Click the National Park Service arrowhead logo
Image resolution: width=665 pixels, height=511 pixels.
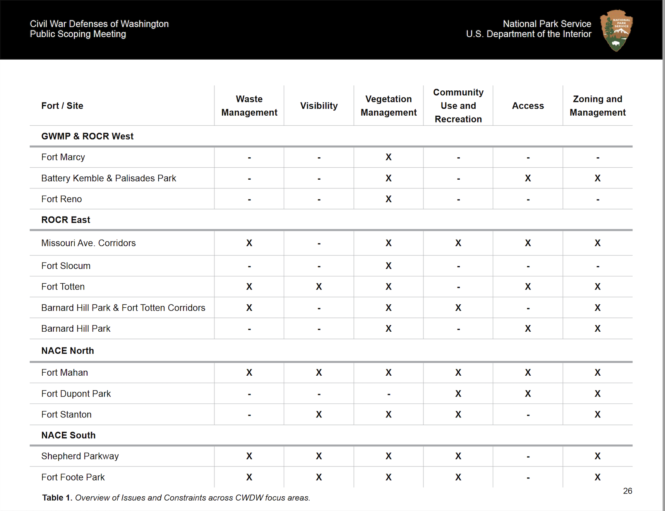pyautogui.click(x=616, y=30)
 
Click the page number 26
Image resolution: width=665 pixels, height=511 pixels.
pyautogui.click(x=627, y=491)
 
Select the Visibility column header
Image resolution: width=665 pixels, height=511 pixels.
pyautogui.click(x=319, y=106)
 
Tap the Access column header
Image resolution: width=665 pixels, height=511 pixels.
pyautogui.click(x=528, y=106)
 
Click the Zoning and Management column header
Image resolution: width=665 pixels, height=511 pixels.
pyautogui.click(x=597, y=106)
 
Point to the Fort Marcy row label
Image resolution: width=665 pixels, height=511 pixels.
pyautogui.click(x=63, y=157)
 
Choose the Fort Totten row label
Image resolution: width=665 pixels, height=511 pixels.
pyautogui.click(x=63, y=287)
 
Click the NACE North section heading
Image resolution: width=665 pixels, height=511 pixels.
pyautogui.click(x=68, y=351)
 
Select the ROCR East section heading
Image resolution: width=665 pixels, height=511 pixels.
pyautogui.click(x=66, y=220)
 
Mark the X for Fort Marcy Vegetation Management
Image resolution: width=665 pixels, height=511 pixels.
pyautogui.click(x=388, y=157)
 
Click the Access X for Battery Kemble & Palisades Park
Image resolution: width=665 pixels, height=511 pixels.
pyautogui.click(x=528, y=178)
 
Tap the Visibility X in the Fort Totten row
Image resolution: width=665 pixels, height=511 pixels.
pyautogui.click(x=319, y=287)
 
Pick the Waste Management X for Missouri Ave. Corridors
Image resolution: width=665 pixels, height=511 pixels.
pyautogui.click(x=249, y=243)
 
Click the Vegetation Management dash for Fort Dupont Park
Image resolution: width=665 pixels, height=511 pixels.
pyautogui.click(x=388, y=394)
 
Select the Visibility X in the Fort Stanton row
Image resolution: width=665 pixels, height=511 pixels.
pyautogui.click(x=319, y=414)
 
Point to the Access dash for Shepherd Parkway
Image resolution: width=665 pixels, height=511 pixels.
pyautogui.click(x=528, y=457)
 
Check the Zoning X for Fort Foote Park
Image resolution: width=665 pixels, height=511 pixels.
pyautogui.click(x=597, y=477)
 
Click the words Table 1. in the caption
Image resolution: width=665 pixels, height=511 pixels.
pyautogui.click(x=57, y=498)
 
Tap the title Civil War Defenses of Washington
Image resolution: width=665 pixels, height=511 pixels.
pyautogui.click(x=99, y=24)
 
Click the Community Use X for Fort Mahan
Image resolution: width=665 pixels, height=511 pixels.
pyautogui.click(x=458, y=373)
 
